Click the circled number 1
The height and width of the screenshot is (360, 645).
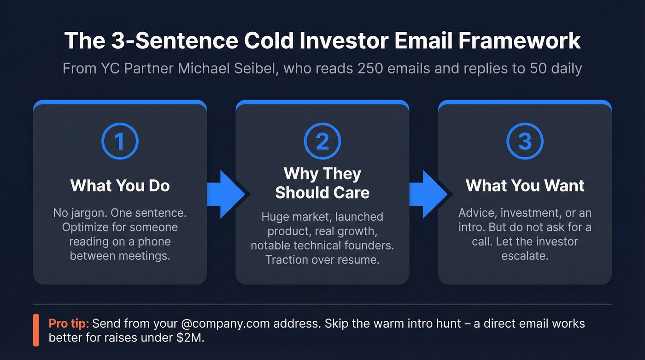coord(120,142)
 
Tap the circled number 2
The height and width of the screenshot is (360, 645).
coord(322,142)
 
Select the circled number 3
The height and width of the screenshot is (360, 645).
coord(525,142)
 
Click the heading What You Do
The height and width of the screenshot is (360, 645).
coord(120,186)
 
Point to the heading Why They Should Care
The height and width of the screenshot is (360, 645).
coord(322,183)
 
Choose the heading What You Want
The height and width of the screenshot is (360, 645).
coord(525,186)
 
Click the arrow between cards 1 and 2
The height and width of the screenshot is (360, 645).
coord(230,194)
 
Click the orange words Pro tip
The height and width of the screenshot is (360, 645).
coord(68,323)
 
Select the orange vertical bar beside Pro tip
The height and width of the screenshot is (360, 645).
coord(36,330)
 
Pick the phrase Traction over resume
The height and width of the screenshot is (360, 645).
coord(322,260)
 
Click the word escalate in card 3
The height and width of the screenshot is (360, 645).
coord(525,255)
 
